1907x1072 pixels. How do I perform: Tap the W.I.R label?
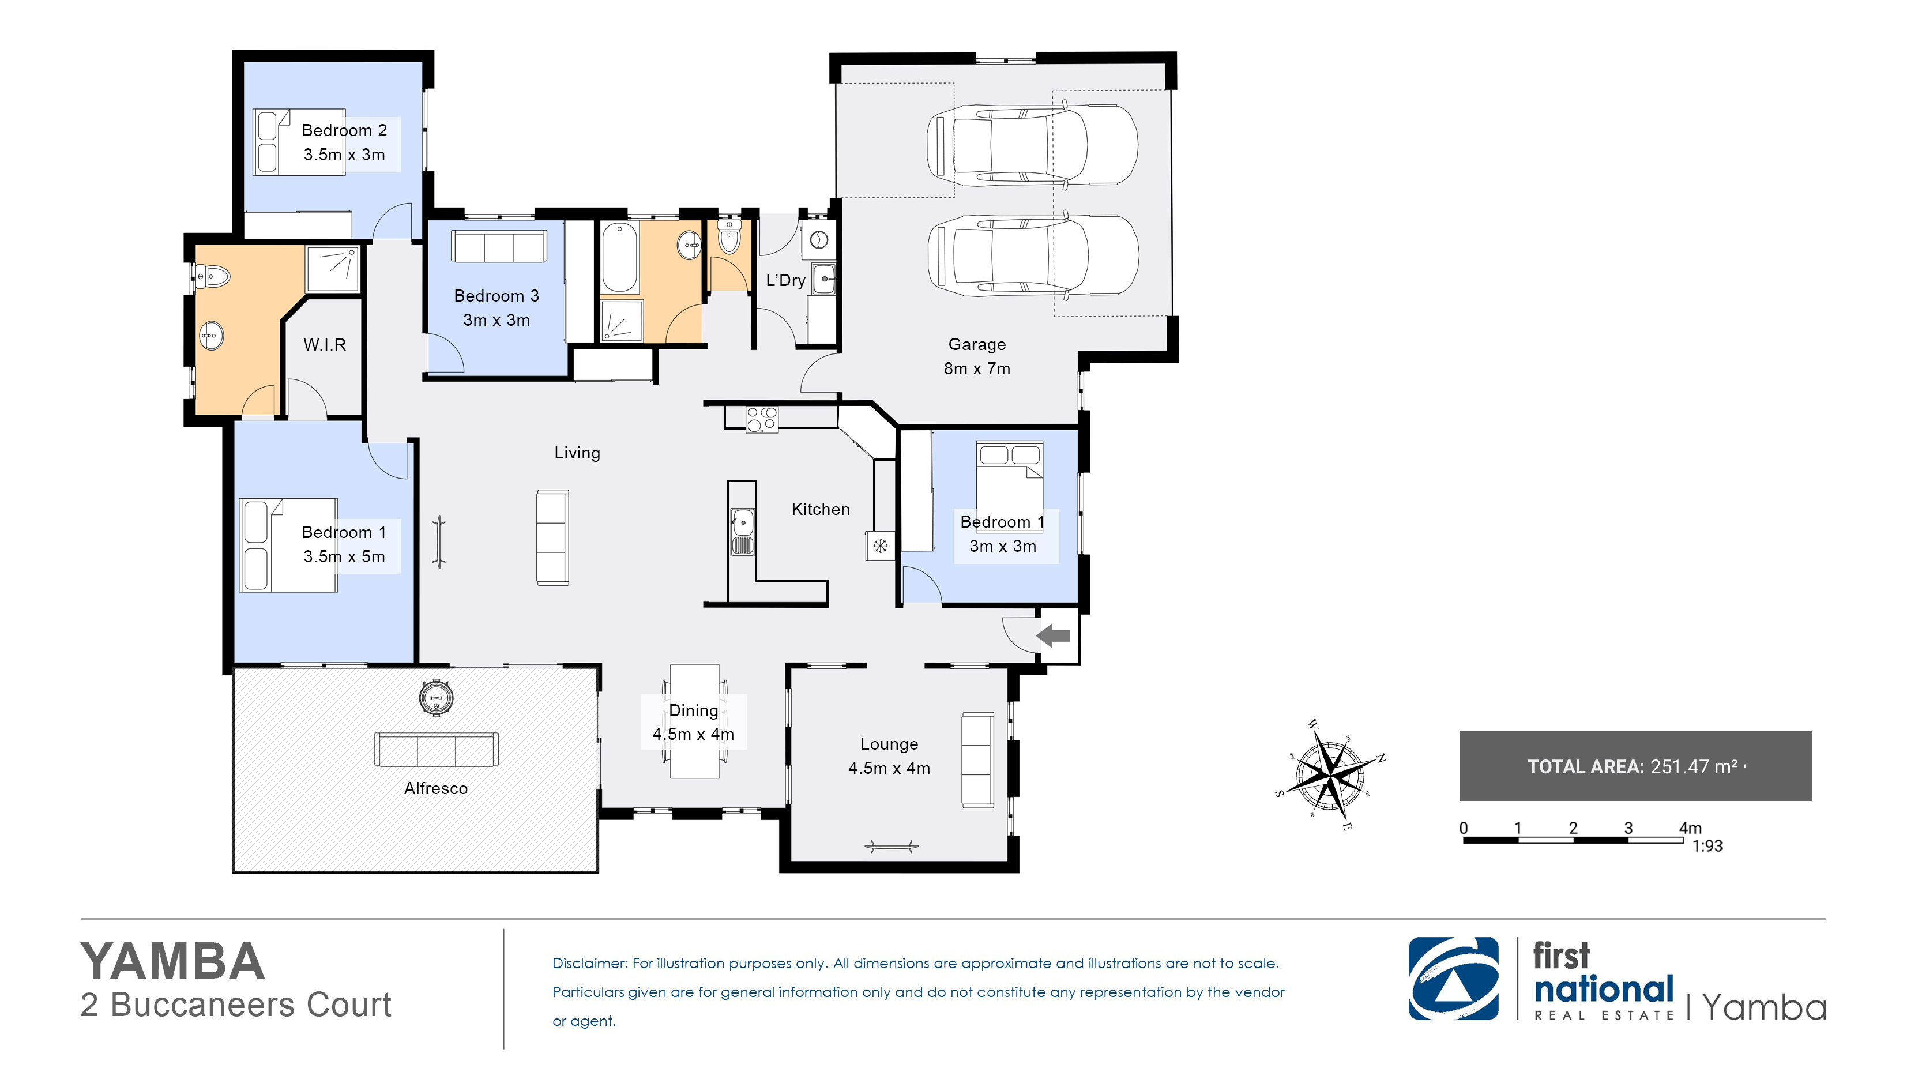324,344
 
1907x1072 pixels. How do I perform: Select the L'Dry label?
785,280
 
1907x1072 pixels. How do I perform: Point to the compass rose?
1331,774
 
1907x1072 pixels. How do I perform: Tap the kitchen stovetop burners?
761,419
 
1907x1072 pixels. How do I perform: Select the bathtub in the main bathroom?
619,258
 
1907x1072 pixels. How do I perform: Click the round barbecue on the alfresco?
436,697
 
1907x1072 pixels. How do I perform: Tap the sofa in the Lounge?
977,759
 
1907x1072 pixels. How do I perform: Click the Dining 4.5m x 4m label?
693,722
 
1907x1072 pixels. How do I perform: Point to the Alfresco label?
436,788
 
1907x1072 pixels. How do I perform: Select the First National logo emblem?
1453,979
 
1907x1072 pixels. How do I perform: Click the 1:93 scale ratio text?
1707,845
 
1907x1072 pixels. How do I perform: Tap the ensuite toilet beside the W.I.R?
212,277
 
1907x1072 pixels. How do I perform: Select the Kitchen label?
820,509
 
